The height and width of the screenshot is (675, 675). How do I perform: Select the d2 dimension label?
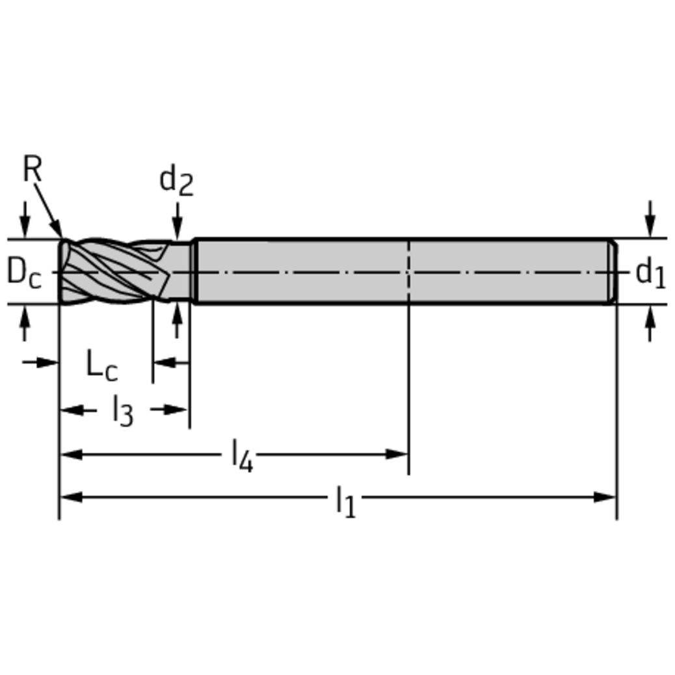(x=176, y=181)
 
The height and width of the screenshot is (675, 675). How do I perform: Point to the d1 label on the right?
(x=650, y=272)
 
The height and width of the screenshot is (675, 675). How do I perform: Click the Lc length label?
(x=102, y=365)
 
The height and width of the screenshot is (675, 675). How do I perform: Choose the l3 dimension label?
(x=122, y=411)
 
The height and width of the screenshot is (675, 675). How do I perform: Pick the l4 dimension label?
(x=242, y=455)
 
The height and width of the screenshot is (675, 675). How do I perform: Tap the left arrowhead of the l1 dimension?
(x=70, y=497)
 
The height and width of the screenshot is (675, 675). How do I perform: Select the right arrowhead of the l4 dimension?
(x=397, y=454)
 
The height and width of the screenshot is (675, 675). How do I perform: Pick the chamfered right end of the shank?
(x=612, y=271)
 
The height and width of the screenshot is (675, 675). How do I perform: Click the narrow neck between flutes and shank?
(x=182, y=271)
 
